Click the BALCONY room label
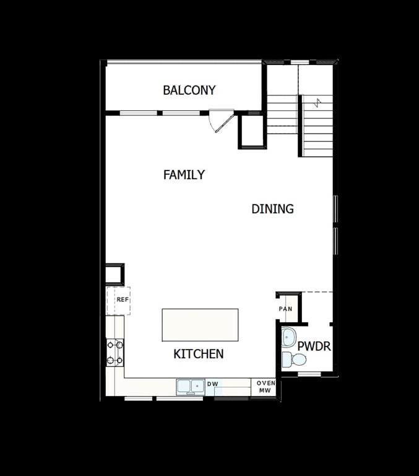[x=189, y=90]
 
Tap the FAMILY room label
[x=184, y=175]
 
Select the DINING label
[x=272, y=209]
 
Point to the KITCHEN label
[x=198, y=354]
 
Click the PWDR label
[x=314, y=346]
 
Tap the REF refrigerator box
[x=119, y=301]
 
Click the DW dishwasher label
[x=213, y=384]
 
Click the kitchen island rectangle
[x=200, y=324]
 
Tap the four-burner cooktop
[x=114, y=352]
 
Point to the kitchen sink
[x=191, y=387]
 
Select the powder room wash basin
[x=288, y=337]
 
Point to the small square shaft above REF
[x=114, y=275]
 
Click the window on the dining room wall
[x=335, y=224]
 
